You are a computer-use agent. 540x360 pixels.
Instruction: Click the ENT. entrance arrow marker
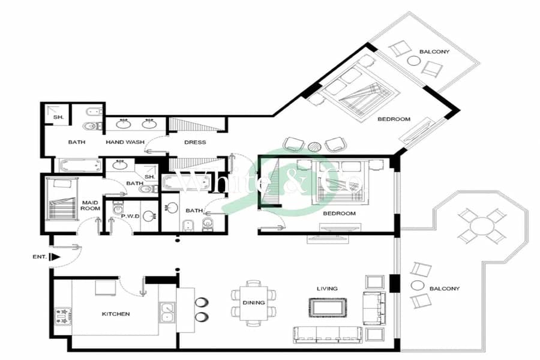(55, 257)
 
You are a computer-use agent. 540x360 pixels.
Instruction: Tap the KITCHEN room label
(116, 314)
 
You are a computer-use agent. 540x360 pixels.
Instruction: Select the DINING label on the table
(253, 302)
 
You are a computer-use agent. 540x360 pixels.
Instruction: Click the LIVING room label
(327, 289)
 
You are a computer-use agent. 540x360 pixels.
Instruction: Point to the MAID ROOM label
(90, 205)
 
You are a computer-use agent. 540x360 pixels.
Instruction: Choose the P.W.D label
(130, 217)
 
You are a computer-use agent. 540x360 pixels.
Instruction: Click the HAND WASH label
(125, 142)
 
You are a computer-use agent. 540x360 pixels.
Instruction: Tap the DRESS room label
(195, 142)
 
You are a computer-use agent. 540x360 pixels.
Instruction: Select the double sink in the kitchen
(167, 312)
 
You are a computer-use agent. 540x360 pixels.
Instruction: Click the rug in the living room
(328, 308)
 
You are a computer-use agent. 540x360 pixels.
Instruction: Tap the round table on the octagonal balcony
(482, 226)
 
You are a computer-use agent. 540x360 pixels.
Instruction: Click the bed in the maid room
(62, 199)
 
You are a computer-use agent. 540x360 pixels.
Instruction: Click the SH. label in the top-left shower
(59, 117)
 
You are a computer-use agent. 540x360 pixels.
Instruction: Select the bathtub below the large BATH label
(80, 166)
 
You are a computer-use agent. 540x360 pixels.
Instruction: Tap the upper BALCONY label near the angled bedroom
(434, 52)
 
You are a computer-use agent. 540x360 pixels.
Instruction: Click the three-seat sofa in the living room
(328, 335)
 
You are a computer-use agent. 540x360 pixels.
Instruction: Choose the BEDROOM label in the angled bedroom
(394, 119)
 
